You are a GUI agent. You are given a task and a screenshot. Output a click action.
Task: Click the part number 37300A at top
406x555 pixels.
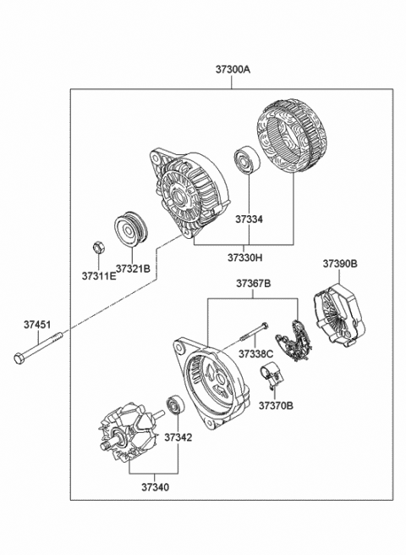click(232, 71)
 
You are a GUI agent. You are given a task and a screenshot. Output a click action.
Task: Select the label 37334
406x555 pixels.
click(248, 219)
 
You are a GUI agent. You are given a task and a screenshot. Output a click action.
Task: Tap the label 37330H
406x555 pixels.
click(244, 256)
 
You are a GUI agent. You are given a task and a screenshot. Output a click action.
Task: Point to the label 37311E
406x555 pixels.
click(100, 275)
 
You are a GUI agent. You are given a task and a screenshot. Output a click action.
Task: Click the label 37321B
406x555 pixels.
click(133, 269)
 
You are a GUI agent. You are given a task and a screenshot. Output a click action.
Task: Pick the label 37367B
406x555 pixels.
click(253, 284)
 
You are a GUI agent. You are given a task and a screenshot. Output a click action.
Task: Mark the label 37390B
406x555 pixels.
click(339, 264)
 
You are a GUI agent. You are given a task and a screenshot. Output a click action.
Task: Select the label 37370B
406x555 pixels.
click(276, 405)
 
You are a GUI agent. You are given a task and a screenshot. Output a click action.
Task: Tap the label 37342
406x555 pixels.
click(178, 437)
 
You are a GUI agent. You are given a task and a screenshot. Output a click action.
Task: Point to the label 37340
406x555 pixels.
click(153, 487)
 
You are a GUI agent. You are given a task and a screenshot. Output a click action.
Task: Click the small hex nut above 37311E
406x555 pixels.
click(98, 248)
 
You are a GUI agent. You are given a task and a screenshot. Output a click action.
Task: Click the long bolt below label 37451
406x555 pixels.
click(39, 351)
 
